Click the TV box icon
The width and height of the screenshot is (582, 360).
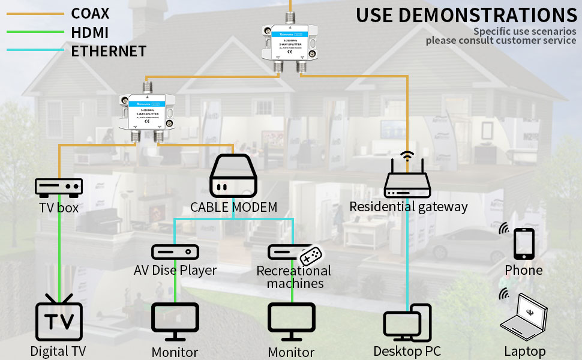pyautogui.click(x=59, y=187)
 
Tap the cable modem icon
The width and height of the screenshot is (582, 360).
pyautogui.click(x=233, y=176)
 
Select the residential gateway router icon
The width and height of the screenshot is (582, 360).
pyautogui.click(x=408, y=180)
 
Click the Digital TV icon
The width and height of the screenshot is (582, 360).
pyautogui.click(x=59, y=318)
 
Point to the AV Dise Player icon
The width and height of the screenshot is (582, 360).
pyautogui.click(x=175, y=251)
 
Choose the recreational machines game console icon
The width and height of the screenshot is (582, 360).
pyautogui.click(x=294, y=253)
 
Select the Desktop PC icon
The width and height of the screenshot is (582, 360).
pyautogui.click(x=407, y=323)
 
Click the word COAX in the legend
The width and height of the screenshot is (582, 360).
pyautogui.click(x=90, y=13)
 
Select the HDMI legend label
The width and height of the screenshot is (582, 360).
pyautogui.click(x=90, y=32)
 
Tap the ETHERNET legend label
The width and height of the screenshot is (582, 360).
pyautogui.click(x=109, y=51)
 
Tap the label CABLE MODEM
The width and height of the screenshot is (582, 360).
pyautogui.click(x=233, y=208)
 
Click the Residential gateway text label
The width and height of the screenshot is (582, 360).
pyautogui.click(x=408, y=207)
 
